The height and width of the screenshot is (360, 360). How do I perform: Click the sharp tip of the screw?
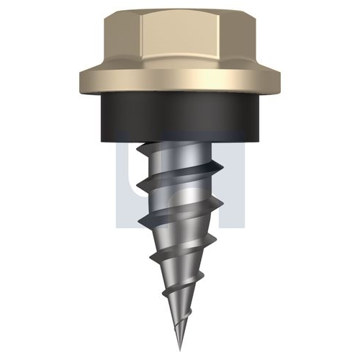(180, 350)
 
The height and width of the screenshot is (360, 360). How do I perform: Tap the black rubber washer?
(180, 120)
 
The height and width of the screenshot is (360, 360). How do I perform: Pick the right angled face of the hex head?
(238, 41)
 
